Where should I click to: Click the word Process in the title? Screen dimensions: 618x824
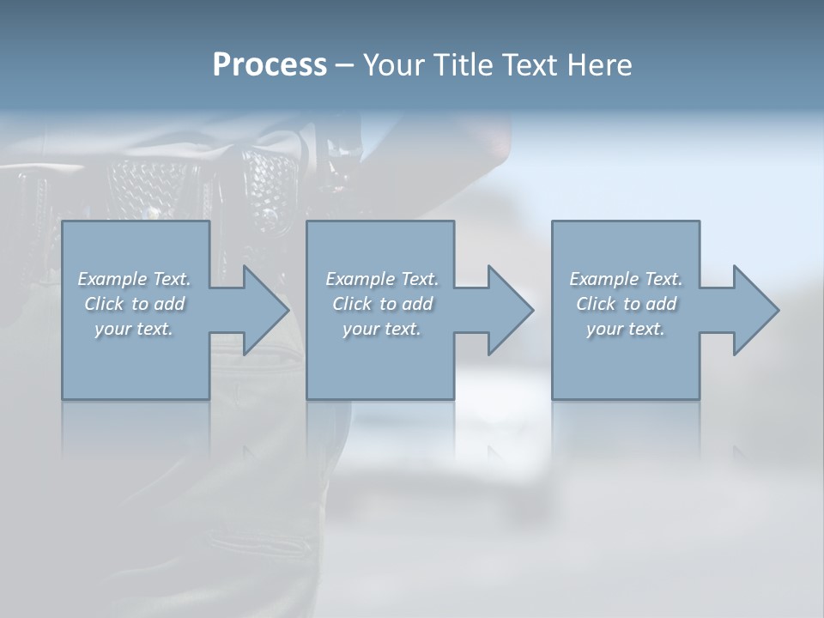click(x=270, y=65)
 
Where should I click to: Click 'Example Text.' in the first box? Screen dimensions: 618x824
click(x=135, y=279)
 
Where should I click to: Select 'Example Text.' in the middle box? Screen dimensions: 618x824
click(x=382, y=279)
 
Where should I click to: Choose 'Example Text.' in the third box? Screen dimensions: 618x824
click(x=626, y=279)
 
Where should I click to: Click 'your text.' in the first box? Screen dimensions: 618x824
click(x=134, y=329)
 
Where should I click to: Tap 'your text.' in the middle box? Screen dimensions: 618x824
click(x=381, y=329)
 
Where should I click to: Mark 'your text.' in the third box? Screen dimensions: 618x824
click(x=626, y=329)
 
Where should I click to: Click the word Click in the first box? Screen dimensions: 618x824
click(x=103, y=304)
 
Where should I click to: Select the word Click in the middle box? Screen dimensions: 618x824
click(x=351, y=304)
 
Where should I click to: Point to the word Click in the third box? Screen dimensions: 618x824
click(x=595, y=304)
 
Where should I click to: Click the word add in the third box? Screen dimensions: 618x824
click(x=661, y=304)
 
